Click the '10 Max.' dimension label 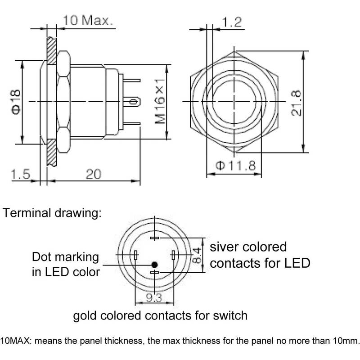pos(88,20)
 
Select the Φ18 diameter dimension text pos(16,102)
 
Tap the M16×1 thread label pos(160,101)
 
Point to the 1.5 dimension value pos(20,174)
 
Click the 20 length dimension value pos(94,174)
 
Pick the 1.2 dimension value pos(232,22)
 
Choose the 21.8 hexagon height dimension pos(296,103)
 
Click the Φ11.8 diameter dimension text pos(235,165)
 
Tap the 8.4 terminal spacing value pos(197,255)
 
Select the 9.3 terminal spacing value pos(154,297)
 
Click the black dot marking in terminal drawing pos(154,265)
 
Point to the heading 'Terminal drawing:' pos(52,213)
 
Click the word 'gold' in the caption pos(84,316)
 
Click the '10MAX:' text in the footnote pos(15,341)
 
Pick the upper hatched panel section pos(51,51)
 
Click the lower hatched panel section pos(51,153)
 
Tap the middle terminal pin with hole pos(131,102)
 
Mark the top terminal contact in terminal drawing pos(154,238)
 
